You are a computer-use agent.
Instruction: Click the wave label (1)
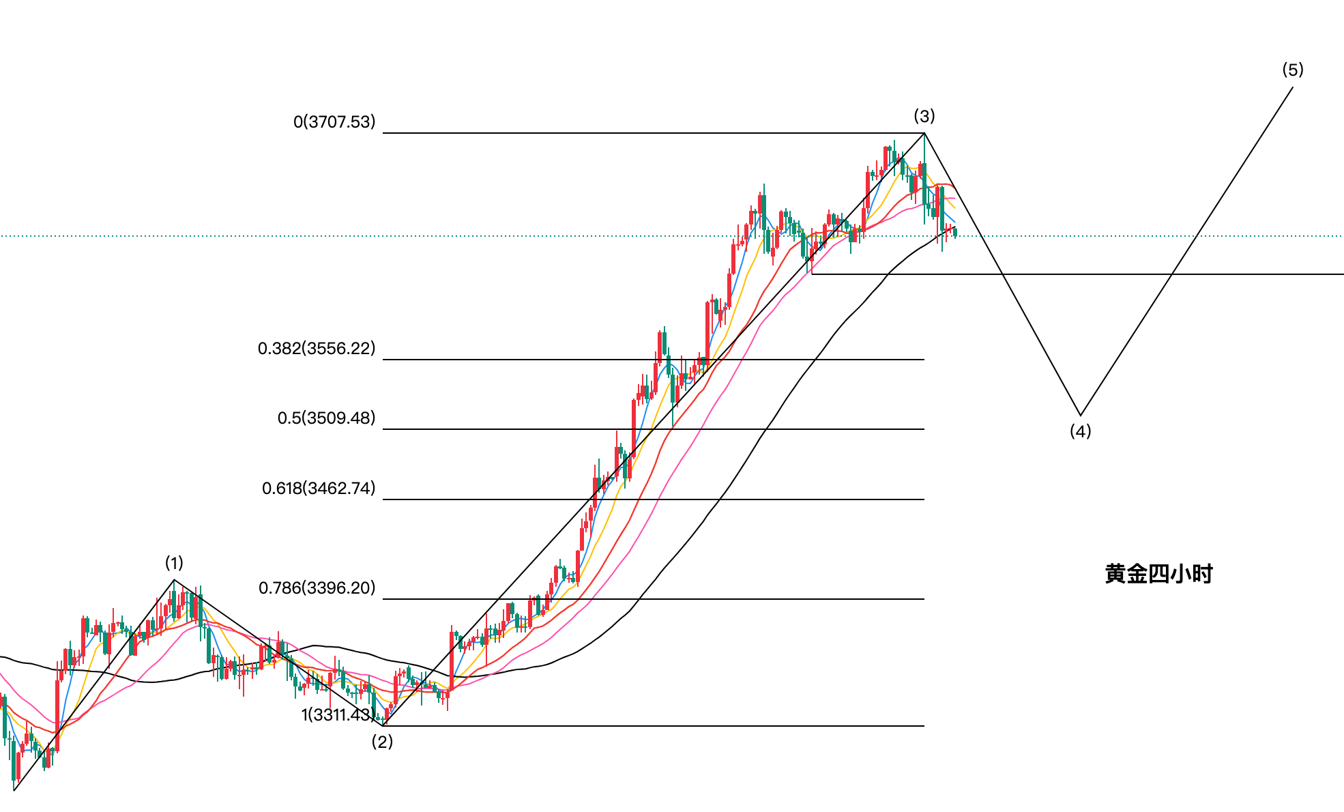pyautogui.click(x=174, y=563)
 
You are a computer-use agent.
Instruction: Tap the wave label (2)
pyautogui.click(x=382, y=742)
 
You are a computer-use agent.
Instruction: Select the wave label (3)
pyautogui.click(x=924, y=116)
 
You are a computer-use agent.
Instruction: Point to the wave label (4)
pyautogui.click(x=1080, y=431)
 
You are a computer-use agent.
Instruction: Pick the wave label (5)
pyautogui.click(x=1292, y=70)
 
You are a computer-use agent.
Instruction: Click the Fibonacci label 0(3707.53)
pyautogui.click(x=334, y=122)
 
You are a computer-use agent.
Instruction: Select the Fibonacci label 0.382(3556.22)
pyautogui.click(x=317, y=349)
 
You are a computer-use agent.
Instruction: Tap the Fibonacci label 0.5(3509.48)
pyautogui.click(x=326, y=418)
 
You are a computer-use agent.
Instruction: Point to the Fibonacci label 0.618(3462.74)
pyautogui.click(x=319, y=489)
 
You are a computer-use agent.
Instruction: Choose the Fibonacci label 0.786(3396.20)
pyautogui.click(x=317, y=588)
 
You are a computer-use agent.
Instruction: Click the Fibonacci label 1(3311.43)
pyautogui.click(x=337, y=715)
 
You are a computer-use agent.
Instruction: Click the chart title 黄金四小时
pyautogui.click(x=1158, y=574)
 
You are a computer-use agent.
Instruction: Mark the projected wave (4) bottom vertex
pyautogui.click(x=1080, y=415)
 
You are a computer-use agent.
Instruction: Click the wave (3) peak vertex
pyautogui.click(x=924, y=133)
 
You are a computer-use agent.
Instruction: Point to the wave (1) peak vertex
pyautogui.click(x=174, y=580)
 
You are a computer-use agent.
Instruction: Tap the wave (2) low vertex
pyautogui.click(x=385, y=725)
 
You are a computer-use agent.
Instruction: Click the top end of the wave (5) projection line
pyautogui.click(x=1293, y=87)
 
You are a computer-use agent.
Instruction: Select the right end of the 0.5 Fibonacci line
pyautogui.click(x=924, y=429)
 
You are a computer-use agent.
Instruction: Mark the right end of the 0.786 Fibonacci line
pyautogui.click(x=924, y=599)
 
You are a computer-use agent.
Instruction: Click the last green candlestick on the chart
pyautogui.click(x=955, y=233)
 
